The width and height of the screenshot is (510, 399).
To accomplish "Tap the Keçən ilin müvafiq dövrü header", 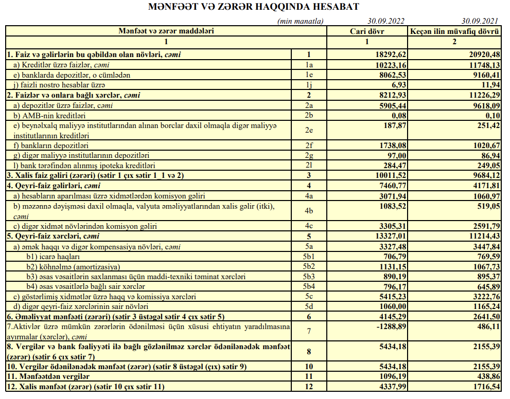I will point(454,31).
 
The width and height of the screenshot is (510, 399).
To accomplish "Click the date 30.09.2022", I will point(386,21).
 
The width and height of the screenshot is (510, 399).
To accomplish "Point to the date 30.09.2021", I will point(480,21).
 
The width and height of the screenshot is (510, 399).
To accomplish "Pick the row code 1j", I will point(309,85).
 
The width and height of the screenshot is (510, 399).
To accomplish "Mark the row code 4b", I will point(309,211).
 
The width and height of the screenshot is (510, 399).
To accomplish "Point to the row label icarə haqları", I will point(54,257).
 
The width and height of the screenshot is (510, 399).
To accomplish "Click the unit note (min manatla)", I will point(300,21).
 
